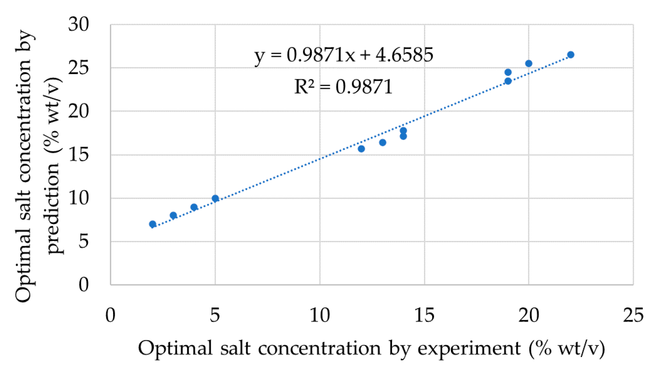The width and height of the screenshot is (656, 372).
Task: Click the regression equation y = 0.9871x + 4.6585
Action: coord(343,55)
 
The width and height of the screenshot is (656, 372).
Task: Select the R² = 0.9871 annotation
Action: coord(343,87)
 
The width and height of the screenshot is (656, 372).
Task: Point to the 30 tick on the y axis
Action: coord(79,24)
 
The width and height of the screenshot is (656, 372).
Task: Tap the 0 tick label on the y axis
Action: coord(83,285)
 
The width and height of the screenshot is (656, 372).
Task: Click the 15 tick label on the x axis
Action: coord(424,315)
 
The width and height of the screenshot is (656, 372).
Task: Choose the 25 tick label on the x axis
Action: coord(633,315)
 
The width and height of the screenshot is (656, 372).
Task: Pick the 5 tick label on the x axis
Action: coord(215,315)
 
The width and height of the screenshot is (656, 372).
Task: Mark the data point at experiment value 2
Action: coord(153,224)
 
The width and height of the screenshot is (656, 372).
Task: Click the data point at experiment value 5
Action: coord(215,198)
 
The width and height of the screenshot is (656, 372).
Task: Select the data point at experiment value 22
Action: coord(571,55)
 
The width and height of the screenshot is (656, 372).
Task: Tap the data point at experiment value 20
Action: coord(529,64)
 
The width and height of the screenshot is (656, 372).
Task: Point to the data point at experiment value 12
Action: coord(361,149)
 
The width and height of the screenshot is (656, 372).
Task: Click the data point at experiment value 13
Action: coord(383,142)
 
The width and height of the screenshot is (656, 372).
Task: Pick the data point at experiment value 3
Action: coord(173,215)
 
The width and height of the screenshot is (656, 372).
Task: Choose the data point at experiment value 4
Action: coord(194,207)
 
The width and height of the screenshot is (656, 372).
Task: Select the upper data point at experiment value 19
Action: coord(508,72)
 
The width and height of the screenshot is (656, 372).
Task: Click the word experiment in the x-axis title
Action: coord(469,348)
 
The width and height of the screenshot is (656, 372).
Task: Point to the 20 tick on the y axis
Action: coord(79,111)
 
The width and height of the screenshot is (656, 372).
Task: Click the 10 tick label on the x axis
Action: coord(319,315)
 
